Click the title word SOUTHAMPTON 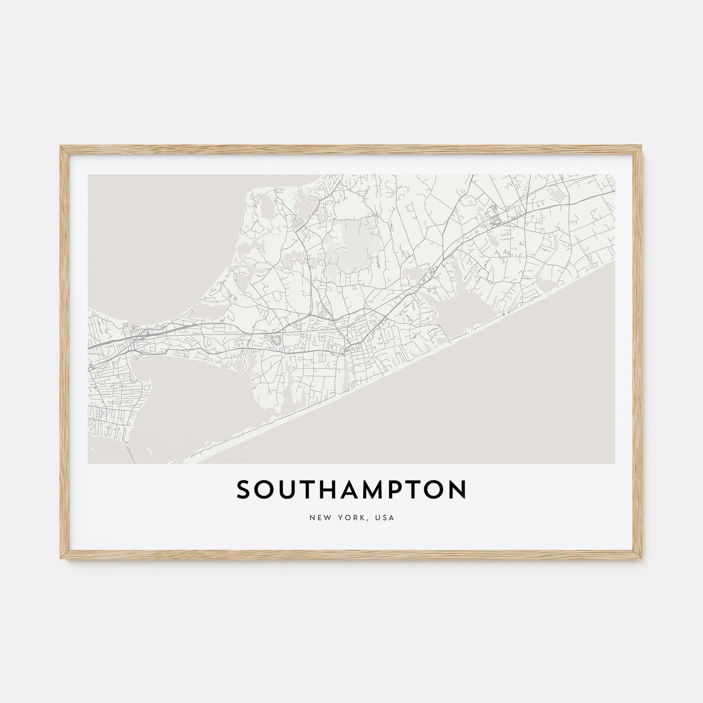click(351, 491)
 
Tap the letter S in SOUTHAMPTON click(243, 491)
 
